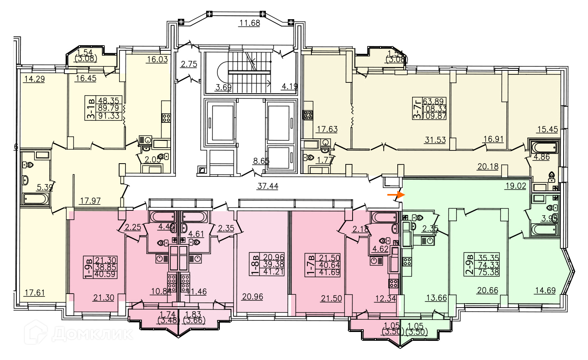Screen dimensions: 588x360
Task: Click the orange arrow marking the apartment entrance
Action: [396, 195]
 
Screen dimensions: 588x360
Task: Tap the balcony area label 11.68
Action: [249, 23]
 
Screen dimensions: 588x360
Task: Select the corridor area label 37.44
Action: [268, 186]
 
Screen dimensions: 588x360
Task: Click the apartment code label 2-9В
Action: [469, 265]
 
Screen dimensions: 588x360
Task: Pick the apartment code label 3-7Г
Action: [417, 108]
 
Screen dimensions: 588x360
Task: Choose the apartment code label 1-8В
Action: [255, 264]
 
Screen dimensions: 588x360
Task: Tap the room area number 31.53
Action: [435, 140]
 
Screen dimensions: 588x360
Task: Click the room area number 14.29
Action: [34, 79]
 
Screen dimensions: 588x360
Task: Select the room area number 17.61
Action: [34, 293]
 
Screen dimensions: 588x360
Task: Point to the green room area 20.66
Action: [487, 290]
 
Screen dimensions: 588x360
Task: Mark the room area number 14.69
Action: [545, 290]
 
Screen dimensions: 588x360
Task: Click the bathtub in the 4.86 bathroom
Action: [544, 147]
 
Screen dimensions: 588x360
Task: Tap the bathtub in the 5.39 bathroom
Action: [36, 199]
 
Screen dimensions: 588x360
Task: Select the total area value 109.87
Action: [434, 116]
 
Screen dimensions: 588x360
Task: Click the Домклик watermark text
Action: [92, 333]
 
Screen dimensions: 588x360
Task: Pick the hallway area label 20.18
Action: [488, 166]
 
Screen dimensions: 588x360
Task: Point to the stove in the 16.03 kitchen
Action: [166, 118]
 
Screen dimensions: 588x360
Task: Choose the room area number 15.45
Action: [547, 129]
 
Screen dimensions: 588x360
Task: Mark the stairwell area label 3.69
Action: [223, 87]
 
